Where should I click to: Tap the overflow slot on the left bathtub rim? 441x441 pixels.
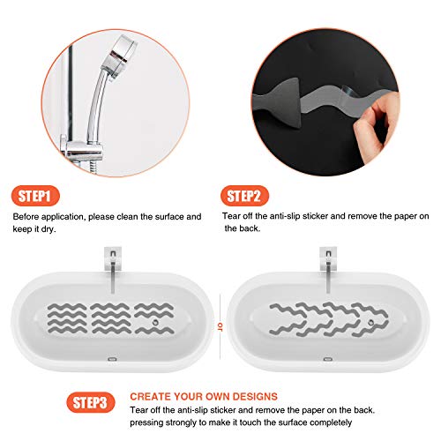tap(112, 360)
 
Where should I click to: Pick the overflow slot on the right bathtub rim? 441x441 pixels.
tap(327, 360)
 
